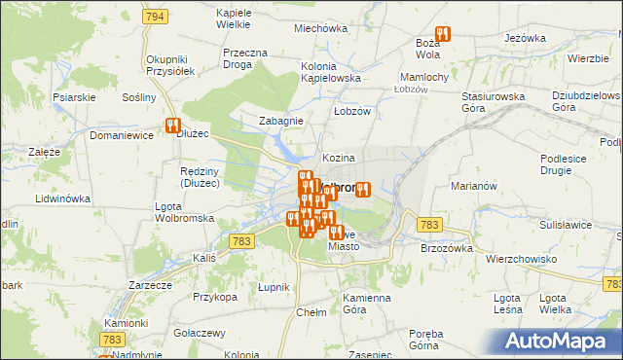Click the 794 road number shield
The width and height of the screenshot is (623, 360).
(x=153, y=18)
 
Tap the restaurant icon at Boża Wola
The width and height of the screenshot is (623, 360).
(x=443, y=35)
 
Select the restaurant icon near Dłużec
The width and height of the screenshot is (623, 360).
(x=173, y=126)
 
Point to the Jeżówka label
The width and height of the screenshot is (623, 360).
(x=525, y=38)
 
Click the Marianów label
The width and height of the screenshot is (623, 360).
(x=475, y=185)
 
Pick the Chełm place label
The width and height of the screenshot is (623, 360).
(x=311, y=312)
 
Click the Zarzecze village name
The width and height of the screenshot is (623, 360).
(x=151, y=286)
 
